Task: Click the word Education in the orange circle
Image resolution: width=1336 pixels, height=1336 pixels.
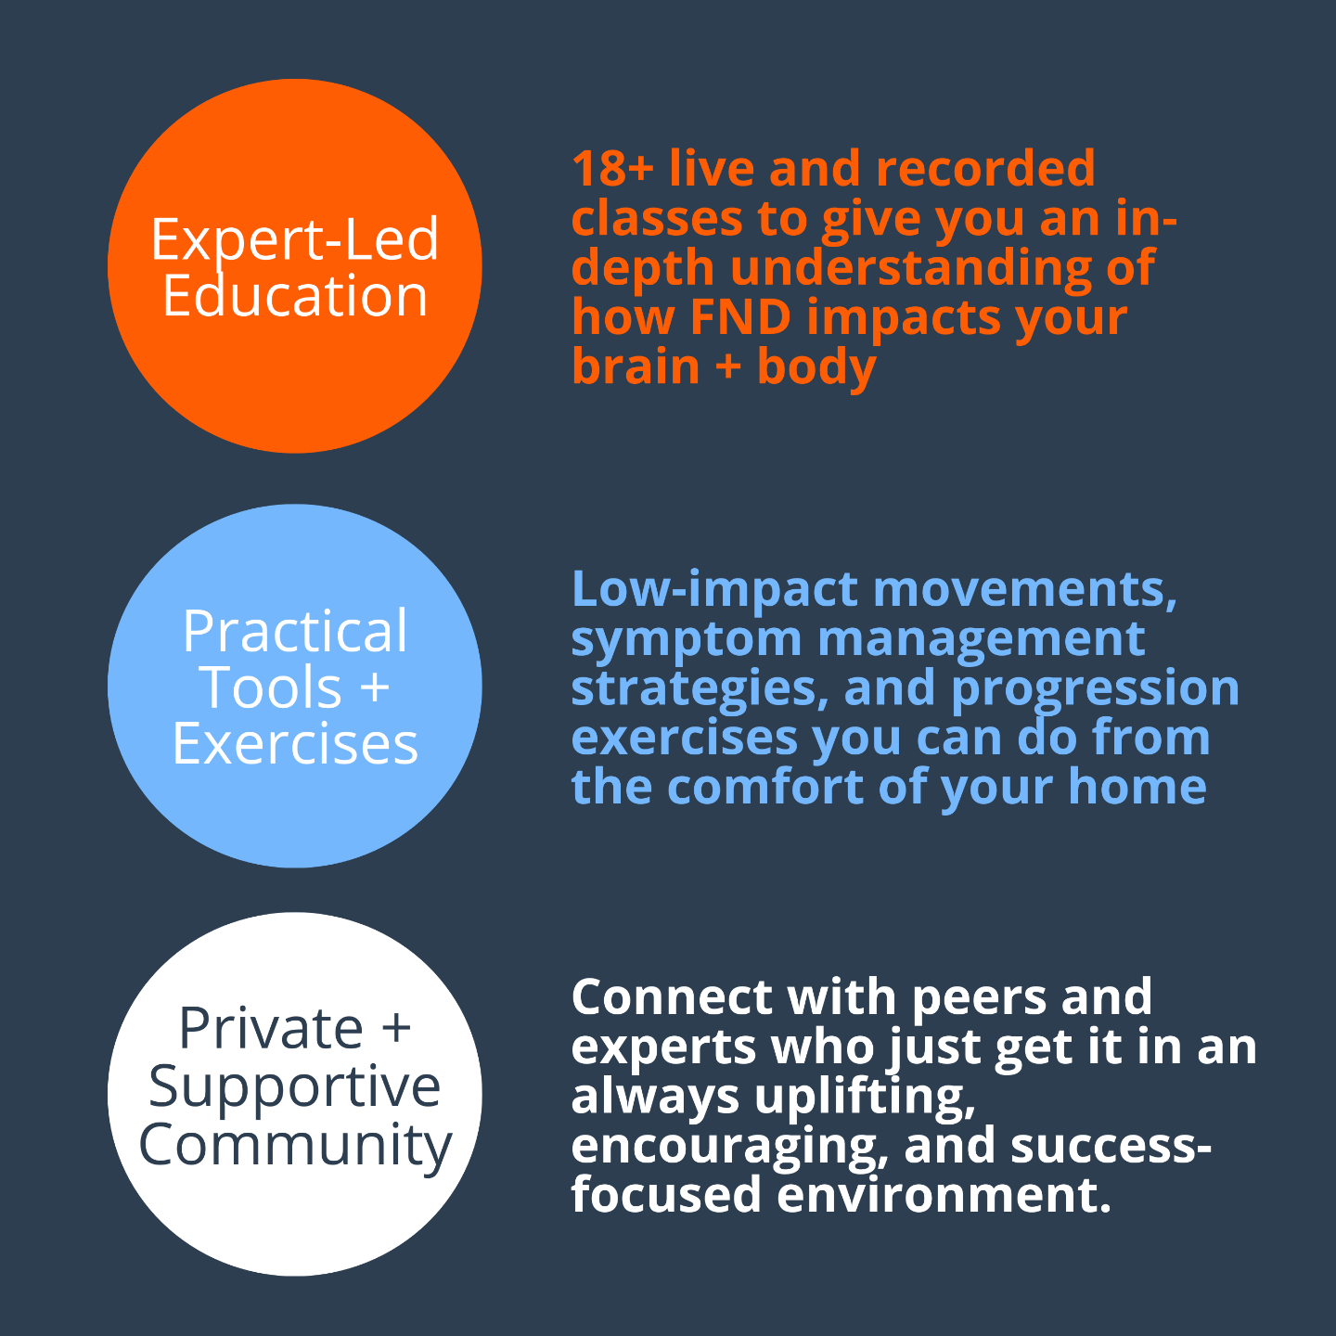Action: (x=295, y=297)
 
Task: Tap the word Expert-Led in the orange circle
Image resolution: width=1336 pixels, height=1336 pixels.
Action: (x=295, y=239)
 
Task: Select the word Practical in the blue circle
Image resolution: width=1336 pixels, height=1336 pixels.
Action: (x=295, y=633)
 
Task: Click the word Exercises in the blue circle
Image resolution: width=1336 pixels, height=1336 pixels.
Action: (x=295, y=744)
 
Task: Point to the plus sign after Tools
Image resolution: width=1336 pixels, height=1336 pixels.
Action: (x=373, y=688)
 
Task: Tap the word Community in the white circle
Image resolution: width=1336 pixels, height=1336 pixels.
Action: (x=295, y=1144)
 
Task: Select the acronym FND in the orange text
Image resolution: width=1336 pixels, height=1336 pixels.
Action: (x=740, y=317)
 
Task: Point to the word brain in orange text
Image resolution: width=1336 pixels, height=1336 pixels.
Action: (x=636, y=366)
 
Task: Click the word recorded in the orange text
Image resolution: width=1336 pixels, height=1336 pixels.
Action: (x=985, y=169)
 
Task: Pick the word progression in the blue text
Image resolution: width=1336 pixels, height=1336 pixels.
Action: (x=1095, y=688)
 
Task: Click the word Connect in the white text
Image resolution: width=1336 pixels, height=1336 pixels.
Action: (x=672, y=997)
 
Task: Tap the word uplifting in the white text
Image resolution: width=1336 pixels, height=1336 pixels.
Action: (x=865, y=1097)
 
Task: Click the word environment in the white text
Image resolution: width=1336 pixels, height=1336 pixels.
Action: (x=944, y=1194)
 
